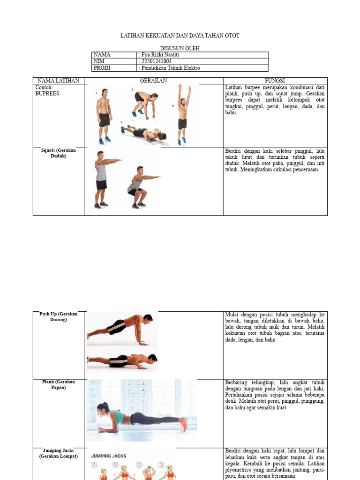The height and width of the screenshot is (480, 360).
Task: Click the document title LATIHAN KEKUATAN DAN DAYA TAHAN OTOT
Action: coord(180,36)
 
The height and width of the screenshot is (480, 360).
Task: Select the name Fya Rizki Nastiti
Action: coord(159,55)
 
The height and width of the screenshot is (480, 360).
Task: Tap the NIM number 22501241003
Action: coord(156,61)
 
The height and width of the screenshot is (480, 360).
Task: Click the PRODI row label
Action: coord(102,68)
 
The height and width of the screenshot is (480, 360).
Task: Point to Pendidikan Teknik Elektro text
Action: coord(170,68)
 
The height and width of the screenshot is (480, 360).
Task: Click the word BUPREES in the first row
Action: coord(47,93)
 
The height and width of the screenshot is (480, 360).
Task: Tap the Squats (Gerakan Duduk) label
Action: coord(59,153)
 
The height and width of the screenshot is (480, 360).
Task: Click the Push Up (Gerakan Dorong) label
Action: coord(59,316)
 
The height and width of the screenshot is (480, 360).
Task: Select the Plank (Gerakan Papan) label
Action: coord(59,385)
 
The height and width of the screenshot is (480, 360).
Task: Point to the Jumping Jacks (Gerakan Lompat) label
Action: coord(59,453)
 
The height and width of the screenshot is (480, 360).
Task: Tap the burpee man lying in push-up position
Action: coord(144,134)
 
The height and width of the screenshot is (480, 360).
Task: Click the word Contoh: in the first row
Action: coord(44,87)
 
